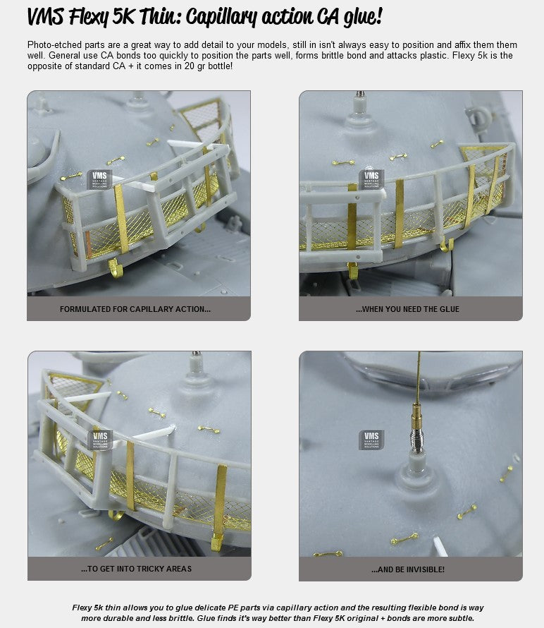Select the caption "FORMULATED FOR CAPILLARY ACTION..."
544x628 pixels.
(x=135, y=309)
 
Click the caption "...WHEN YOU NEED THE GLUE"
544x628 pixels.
(x=407, y=309)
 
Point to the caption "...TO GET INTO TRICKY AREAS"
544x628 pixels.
(x=137, y=569)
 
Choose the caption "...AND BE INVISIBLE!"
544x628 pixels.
(x=408, y=569)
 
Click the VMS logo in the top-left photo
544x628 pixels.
(x=99, y=179)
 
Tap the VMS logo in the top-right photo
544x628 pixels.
(x=371, y=179)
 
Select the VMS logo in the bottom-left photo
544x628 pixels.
(x=100, y=440)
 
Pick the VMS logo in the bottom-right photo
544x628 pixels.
(x=371, y=440)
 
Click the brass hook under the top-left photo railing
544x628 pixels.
(x=116, y=268)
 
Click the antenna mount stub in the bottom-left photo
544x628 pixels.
(x=196, y=366)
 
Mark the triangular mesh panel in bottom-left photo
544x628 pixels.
(x=72, y=387)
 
